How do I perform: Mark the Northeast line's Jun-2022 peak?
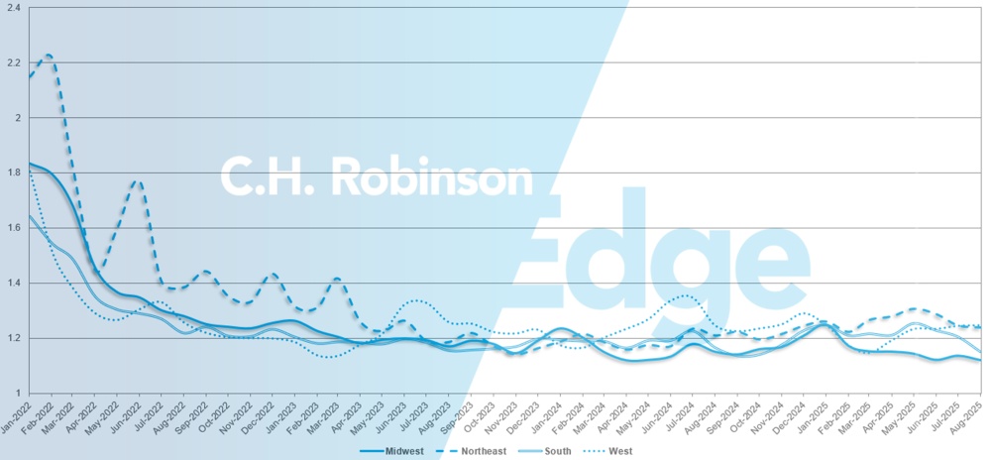tap(138, 181)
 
